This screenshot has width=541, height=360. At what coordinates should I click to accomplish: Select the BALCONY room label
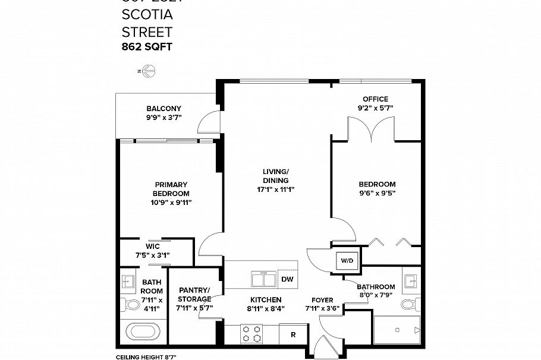(163, 109)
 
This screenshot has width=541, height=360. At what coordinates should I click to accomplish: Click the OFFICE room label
(376, 99)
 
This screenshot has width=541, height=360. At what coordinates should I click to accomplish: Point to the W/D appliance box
(345, 260)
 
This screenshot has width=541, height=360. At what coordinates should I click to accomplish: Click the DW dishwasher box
(287, 279)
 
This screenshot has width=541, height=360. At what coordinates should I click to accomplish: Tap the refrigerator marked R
(293, 334)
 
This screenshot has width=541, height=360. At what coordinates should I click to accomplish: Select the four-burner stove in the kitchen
(251, 334)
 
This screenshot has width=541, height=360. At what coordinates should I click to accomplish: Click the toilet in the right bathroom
(408, 305)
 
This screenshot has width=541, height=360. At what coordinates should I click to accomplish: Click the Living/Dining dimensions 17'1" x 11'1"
(276, 190)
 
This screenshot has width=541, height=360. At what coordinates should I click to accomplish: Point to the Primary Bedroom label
(171, 189)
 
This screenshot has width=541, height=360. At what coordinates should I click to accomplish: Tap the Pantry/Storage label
(194, 295)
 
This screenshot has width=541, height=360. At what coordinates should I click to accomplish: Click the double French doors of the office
(371, 128)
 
